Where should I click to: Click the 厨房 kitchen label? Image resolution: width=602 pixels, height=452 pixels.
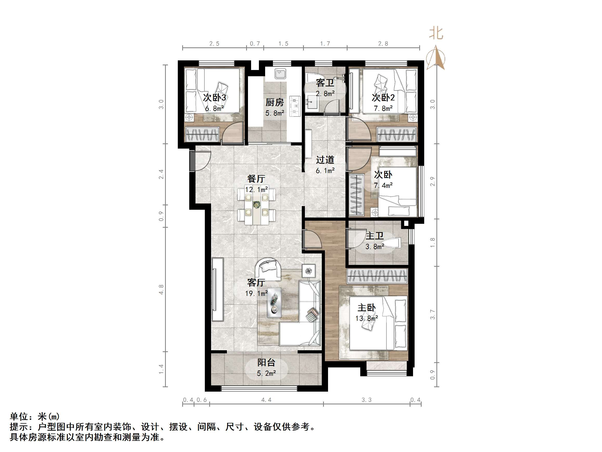click(274, 103)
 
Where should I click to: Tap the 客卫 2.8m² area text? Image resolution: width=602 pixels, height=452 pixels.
click(325, 94)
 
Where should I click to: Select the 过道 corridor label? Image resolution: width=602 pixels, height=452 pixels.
click(325, 160)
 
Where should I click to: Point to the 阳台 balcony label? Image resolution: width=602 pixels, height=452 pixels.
click(266, 362)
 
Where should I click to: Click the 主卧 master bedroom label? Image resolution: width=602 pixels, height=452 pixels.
click(366, 308)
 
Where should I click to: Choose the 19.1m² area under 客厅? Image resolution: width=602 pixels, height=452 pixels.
click(256, 294)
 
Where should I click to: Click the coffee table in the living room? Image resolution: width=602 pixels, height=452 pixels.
click(274, 302)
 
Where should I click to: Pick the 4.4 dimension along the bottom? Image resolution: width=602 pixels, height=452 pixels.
click(266, 400)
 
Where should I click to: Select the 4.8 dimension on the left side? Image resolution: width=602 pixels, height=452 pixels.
click(161, 289)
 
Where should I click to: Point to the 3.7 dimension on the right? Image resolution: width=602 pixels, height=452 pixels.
click(433, 315)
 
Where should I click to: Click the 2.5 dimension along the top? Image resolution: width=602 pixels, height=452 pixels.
click(214, 44)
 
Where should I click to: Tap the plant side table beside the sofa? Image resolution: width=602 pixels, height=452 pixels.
click(309, 271)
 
